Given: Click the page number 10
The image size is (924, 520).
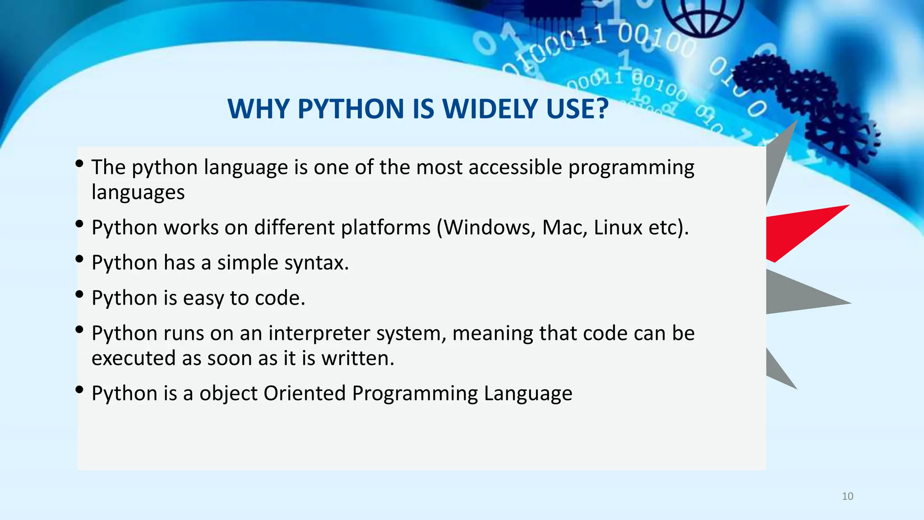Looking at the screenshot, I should coord(847,497).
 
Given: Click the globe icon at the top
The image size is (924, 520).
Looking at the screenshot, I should coord(702,16).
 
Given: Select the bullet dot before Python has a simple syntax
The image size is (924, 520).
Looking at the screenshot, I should coord(80,259).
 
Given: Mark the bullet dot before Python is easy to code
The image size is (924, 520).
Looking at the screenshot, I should coord(80,294).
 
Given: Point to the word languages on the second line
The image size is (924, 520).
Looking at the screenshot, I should coord(138,193).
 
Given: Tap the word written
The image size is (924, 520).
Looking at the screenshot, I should coord(357,358).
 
